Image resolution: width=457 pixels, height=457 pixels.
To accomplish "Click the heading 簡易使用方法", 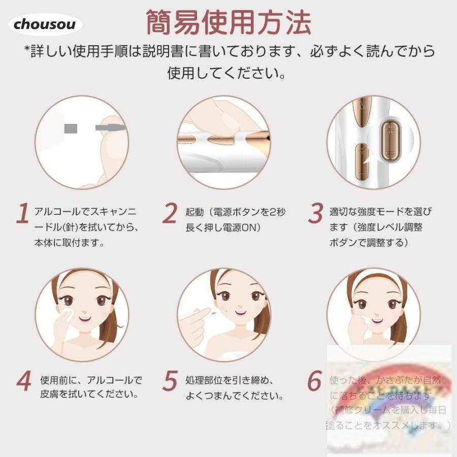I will (228, 22).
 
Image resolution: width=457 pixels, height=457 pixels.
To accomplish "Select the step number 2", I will (169, 214).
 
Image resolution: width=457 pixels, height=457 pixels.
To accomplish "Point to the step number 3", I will (316, 214).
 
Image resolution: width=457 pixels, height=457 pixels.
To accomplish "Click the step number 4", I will (23, 382).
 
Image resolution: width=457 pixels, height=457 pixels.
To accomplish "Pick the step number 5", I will (170, 382).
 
